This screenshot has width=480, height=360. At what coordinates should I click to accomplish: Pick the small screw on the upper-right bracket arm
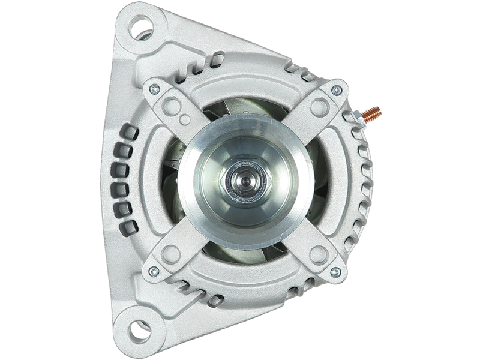coord(336,90)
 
